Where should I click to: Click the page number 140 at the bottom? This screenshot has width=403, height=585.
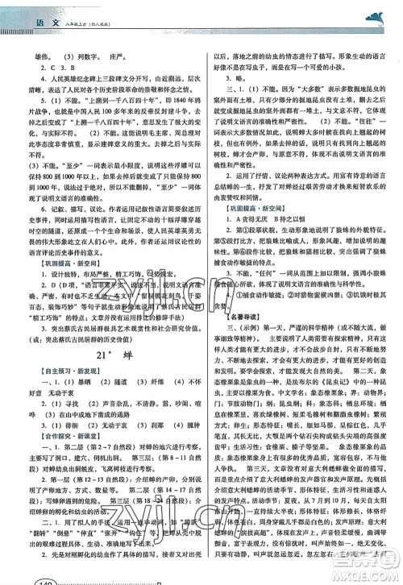pos(26,575)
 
